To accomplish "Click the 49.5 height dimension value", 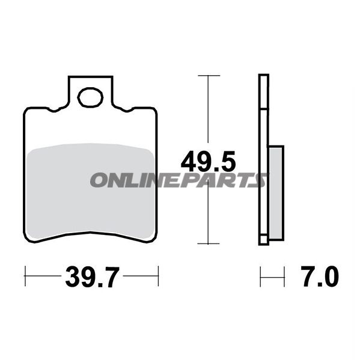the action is click(208, 161).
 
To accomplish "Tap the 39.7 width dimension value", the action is click(93, 277).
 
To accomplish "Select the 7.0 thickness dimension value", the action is click(320, 276).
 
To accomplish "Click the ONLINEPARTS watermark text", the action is click(178, 180).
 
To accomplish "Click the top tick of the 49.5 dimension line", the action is click(209, 75).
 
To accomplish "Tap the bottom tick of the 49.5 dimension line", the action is click(209, 243).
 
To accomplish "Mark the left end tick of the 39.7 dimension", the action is click(25, 276).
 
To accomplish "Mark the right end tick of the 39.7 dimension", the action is click(158, 276).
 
